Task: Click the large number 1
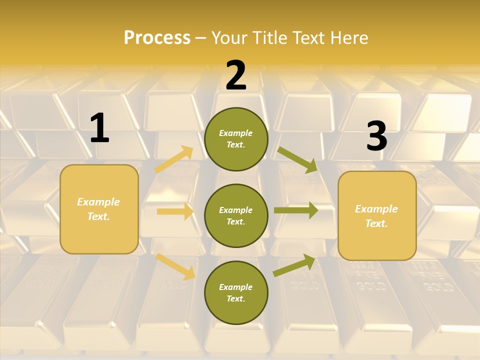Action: tap(99, 128)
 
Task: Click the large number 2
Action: tap(236, 75)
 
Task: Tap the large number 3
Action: tap(376, 136)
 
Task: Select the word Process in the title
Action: tap(157, 37)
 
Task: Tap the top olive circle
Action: tap(236, 139)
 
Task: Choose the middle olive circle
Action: tap(236, 216)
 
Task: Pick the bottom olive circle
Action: tap(236, 293)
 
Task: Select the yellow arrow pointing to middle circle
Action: tap(175, 211)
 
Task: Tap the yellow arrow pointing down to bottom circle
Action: tap(176, 266)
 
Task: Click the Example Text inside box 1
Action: tap(98, 209)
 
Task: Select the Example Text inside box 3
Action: tap(376, 216)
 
